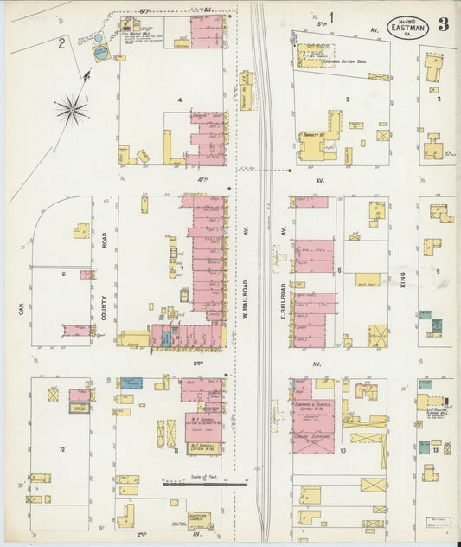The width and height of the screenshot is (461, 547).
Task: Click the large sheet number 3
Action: [x=442, y=23]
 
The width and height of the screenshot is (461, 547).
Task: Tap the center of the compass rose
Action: [x=72, y=109]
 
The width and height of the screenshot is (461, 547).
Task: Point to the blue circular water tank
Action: [x=101, y=54]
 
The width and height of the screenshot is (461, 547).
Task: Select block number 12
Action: [x=61, y=450]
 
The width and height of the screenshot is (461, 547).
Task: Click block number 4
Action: [x=180, y=100]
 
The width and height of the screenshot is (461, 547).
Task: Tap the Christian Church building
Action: [x=126, y=516]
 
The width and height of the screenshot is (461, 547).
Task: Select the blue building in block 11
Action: [x=131, y=383]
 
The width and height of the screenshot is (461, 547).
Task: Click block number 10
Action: [x=343, y=450]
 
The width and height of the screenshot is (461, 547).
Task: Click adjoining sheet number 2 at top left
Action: [x=61, y=42]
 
